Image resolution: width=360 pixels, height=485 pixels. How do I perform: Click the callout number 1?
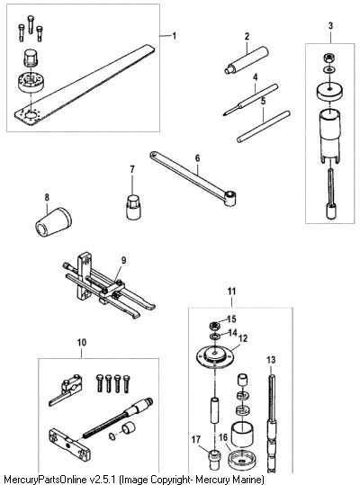tap(175, 36)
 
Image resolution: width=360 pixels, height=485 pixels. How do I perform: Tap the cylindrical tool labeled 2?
tap(247, 60)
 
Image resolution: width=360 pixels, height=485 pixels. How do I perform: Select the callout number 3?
tap(330, 26)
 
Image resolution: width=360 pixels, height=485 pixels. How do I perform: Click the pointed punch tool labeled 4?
tap(250, 100)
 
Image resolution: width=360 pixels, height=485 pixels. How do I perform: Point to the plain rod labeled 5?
tap(264, 127)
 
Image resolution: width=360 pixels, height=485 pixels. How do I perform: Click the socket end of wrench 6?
tap(230, 198)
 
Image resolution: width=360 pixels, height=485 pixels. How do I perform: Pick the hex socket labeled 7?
tap(133, 207)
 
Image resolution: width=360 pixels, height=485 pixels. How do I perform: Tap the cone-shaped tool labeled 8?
tap(53, 221)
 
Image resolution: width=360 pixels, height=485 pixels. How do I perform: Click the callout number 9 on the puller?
tap(123, 260)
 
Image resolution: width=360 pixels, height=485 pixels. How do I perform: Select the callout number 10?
tap(82, 343)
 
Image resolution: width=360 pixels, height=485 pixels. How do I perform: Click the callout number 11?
tap(231, 292)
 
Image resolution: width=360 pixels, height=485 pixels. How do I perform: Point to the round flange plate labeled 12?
tap(215, 355)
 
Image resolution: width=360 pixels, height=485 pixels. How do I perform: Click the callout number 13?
tap(271, 360)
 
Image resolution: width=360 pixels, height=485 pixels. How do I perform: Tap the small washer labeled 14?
tap(213, 337)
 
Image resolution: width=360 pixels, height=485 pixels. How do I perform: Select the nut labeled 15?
tap(214, 326)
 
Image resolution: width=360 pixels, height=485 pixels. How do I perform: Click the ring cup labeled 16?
tap(242, 461)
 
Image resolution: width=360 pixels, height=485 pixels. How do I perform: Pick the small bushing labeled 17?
tap(214, 459)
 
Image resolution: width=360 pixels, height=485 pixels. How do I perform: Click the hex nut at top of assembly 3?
tap(328, 58)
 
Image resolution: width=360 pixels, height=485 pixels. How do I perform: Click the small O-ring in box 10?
tap(112, 436)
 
